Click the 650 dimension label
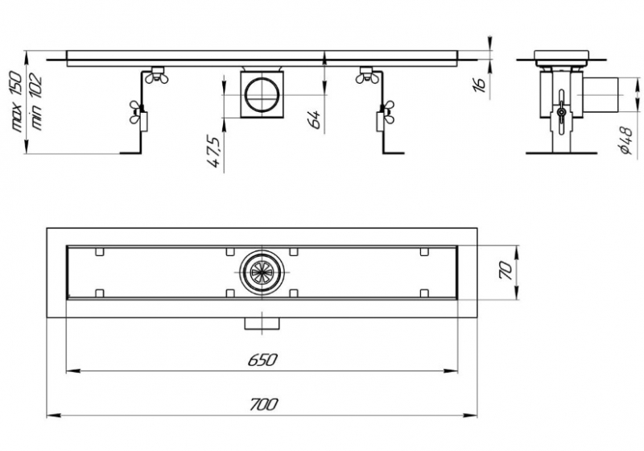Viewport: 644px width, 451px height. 262,360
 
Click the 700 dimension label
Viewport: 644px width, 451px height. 263,404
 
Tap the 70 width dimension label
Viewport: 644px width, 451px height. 506,271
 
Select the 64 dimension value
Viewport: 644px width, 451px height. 315,119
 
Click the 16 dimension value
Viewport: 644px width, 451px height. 478,85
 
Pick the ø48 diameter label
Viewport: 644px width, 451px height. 626,140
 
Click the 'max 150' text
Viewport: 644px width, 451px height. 16,101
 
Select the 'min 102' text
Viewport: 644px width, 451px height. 35,101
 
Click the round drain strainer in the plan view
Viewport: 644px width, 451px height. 262,272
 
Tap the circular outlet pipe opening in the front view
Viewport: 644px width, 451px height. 262,95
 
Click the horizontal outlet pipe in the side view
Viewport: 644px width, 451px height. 601,95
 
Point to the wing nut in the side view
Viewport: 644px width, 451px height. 561,111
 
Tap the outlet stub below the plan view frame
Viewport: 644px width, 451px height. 262,323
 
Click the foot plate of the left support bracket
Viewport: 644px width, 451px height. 130,153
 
